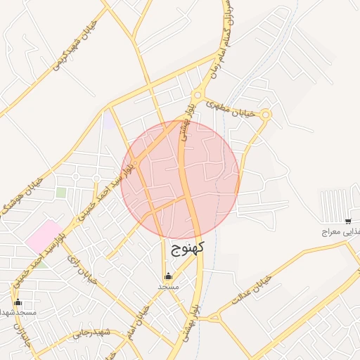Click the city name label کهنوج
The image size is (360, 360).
(x=187, y=247)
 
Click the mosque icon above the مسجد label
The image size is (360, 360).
(x=168, y=276)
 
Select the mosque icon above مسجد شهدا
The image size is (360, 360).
(x=18, y=302)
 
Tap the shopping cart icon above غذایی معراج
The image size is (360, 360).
(x=348, y=221)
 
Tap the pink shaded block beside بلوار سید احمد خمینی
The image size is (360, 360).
(x=44, y=236)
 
